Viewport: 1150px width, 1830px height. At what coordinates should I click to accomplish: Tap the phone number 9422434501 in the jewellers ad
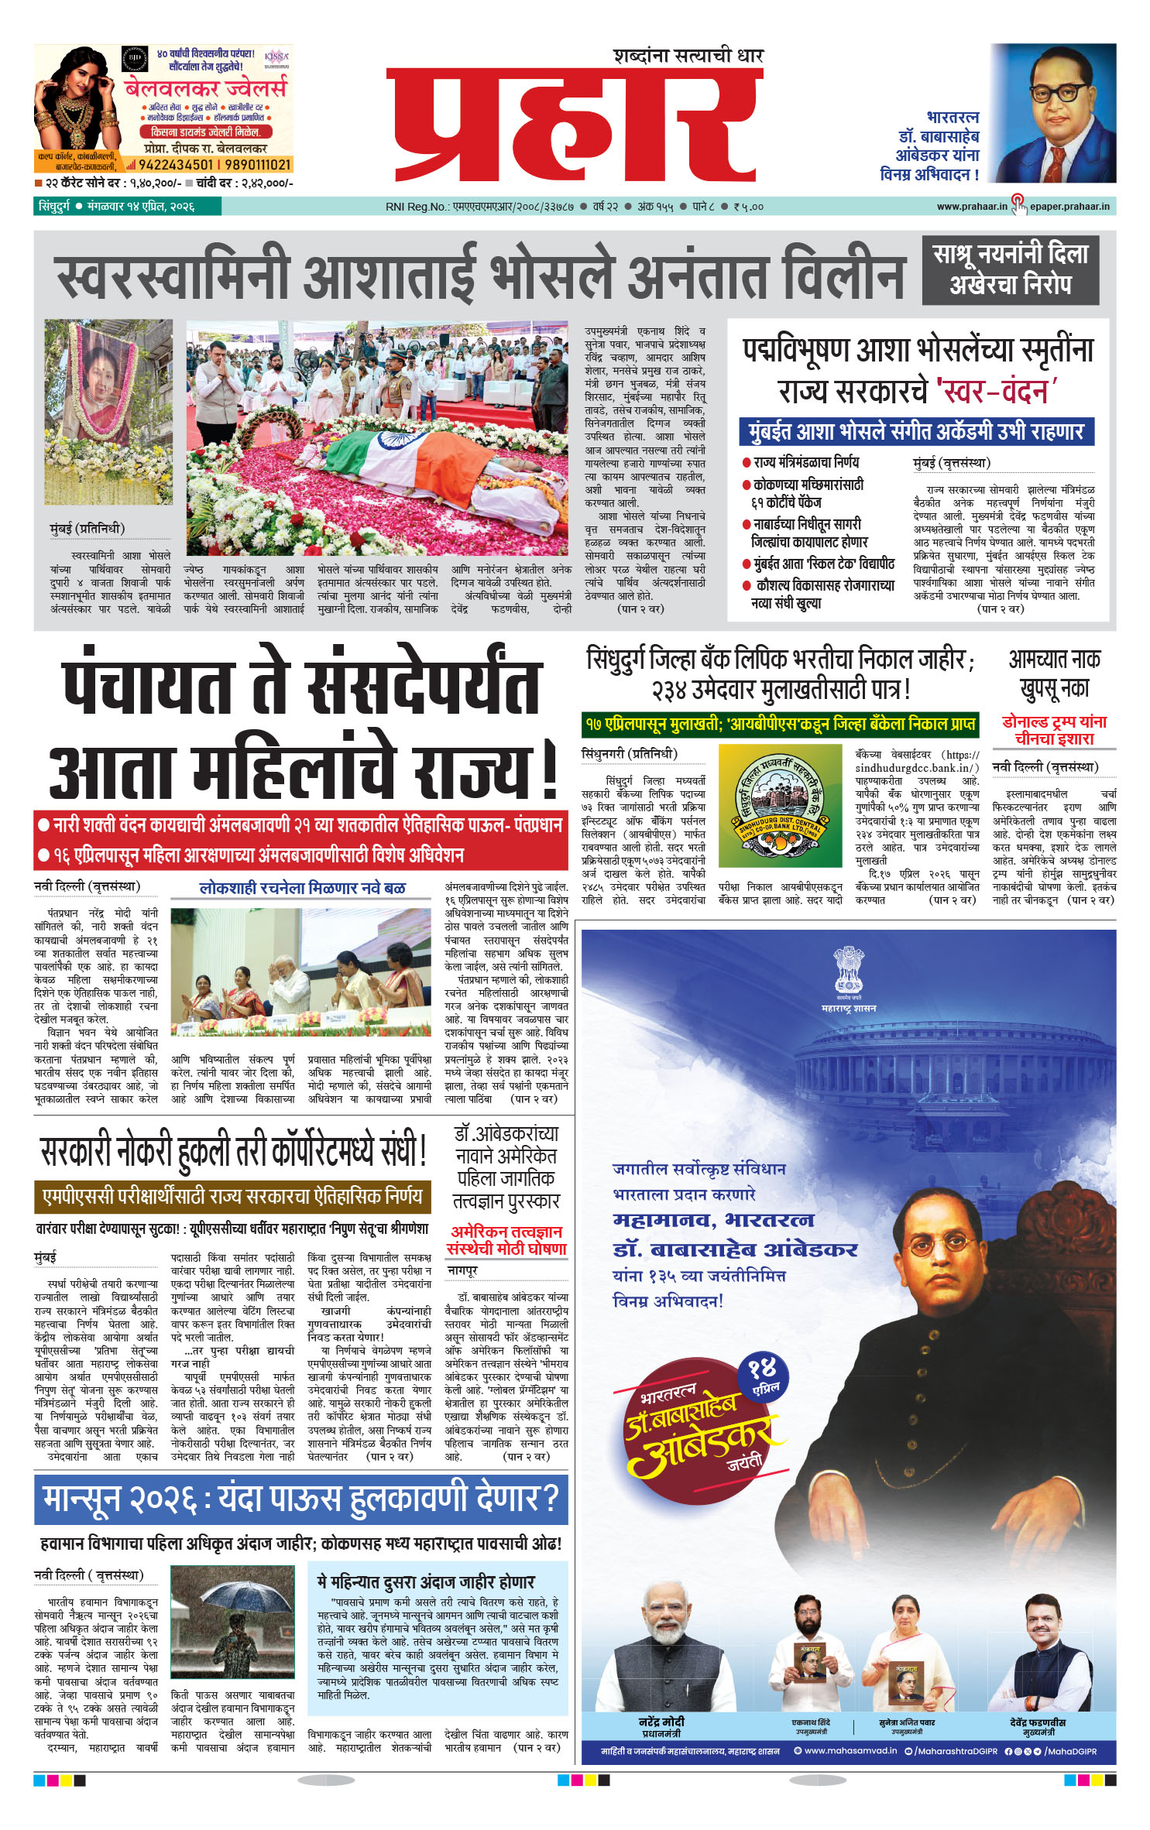point(176,165)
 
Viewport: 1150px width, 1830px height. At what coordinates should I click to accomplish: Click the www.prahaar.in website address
point(971,207)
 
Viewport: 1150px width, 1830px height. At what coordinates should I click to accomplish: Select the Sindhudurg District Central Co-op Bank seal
point(780,805)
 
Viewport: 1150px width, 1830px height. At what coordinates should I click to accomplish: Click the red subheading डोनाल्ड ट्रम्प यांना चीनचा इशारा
point(1054,730)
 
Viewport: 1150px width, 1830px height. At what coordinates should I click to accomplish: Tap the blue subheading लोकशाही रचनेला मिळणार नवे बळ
point(302,888)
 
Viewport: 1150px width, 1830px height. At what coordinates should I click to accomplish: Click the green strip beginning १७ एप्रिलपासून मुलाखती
point(780,725)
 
